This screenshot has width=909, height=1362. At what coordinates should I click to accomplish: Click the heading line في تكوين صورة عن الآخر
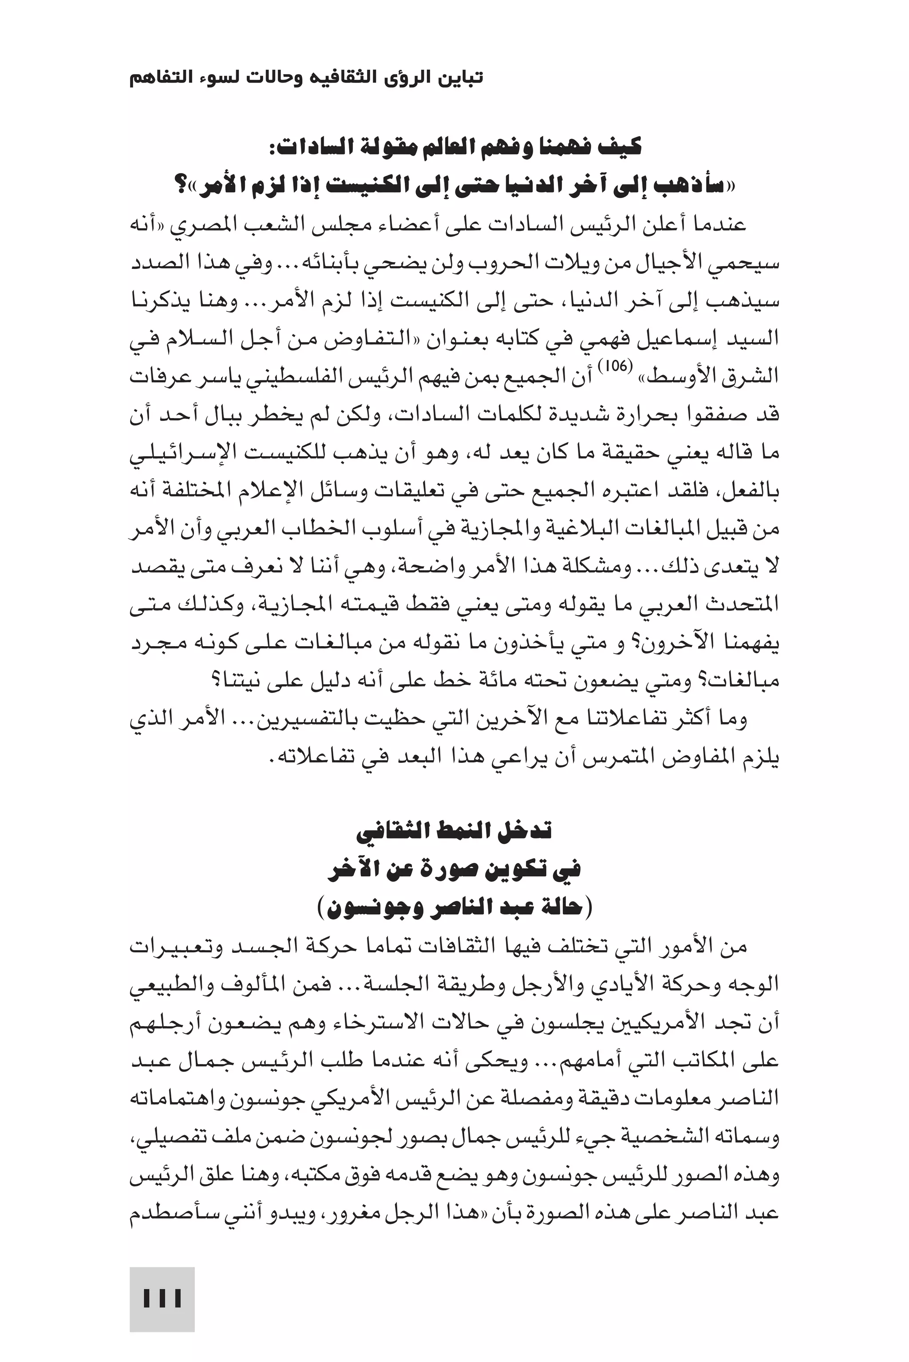point(454,869)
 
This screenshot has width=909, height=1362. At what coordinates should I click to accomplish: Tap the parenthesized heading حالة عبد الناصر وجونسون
point(454,907)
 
